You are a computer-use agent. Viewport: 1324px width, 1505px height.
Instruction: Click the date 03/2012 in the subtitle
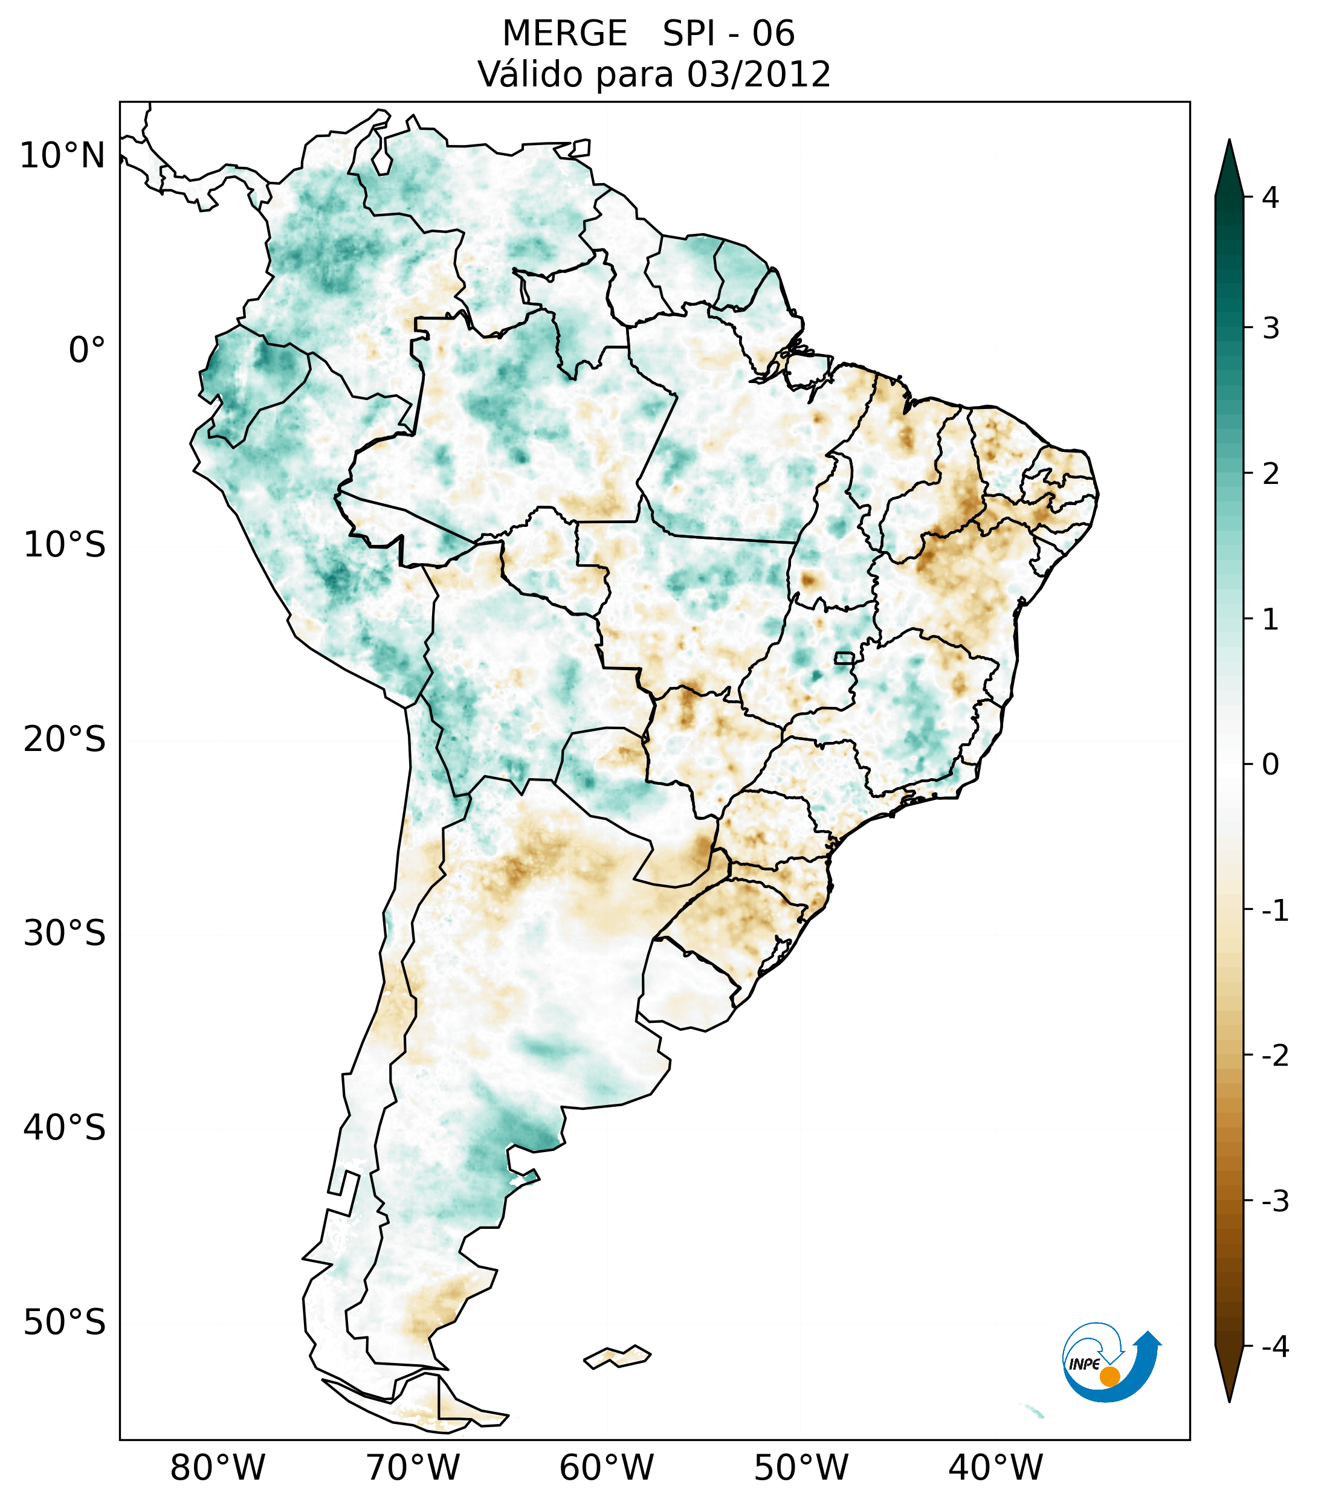[758, 74]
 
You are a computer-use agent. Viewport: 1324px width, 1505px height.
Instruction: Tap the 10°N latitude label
[63, 156]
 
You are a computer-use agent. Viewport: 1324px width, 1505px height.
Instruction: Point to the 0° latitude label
[87, 350]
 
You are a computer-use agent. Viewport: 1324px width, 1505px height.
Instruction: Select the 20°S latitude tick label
[65, 740]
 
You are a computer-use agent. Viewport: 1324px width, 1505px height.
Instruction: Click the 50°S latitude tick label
[65, 1323]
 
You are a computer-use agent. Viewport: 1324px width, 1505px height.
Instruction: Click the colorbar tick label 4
[1270, 198]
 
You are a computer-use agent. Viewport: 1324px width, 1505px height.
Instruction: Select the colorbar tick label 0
[1270, 765]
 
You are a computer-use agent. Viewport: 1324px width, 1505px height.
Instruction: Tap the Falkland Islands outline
[617, 1356]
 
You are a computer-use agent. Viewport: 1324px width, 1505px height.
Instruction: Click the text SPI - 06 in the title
[728, 34]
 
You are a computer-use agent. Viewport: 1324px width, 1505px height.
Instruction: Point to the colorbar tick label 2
[1270, 474]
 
